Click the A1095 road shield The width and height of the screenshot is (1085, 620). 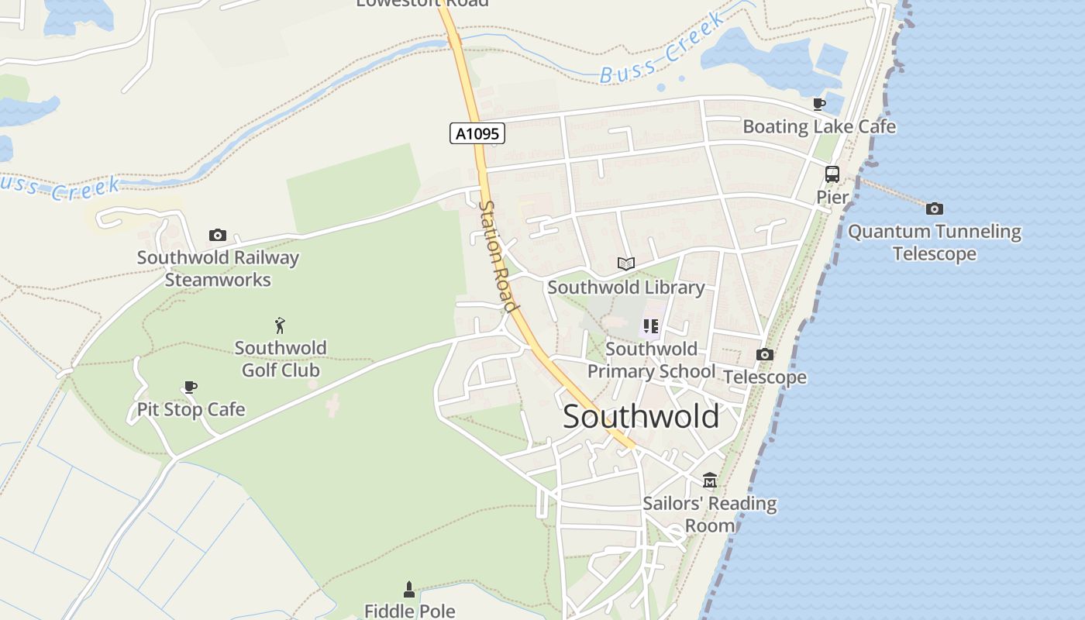pos(477,133)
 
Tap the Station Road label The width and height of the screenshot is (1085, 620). pos(498,257)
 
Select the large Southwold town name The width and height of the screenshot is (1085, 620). pos(641,417)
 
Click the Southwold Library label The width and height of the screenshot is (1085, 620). pos(626,288)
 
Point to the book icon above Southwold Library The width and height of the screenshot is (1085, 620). pos(626,263)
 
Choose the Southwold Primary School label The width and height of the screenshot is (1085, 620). pos(651,360)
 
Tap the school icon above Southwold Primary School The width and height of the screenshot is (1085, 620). pos(651,326)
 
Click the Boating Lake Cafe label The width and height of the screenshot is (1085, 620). pos(819,126)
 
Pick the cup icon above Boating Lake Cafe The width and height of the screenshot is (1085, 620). pos(819,104)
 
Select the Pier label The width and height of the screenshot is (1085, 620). pos(832,198)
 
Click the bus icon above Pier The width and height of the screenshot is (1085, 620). pos(832,174)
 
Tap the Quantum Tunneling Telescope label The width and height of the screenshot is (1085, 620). pos(935,243)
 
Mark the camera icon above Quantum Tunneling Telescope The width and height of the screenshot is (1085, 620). pos(935,208)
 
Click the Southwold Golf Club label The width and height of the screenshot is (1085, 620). pos(281,359)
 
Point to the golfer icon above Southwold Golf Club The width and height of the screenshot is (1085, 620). pos(281,325)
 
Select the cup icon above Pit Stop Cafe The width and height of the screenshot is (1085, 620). pos(191,387)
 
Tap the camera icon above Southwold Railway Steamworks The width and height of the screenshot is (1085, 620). pos(218,235)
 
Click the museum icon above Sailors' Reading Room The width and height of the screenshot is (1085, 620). pos(710,480)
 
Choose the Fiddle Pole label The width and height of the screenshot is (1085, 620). pos(409,611)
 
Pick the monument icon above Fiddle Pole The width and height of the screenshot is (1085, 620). pos(409,589)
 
